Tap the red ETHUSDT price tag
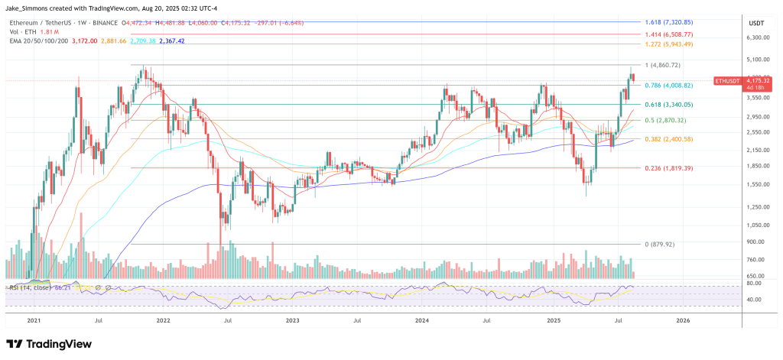click(727, 80)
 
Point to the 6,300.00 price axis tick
click(756, 37)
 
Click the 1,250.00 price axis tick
click(756, 206)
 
